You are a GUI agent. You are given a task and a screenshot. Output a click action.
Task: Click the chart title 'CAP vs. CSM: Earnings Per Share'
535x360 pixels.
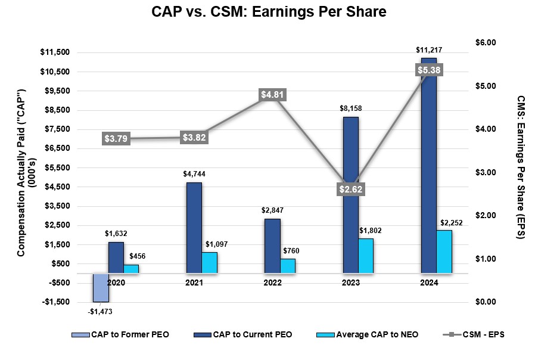point(267,13)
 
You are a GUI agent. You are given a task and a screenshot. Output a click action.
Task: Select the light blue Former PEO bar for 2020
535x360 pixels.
point(100,288)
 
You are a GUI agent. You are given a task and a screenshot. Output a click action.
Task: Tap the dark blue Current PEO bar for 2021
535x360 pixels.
point(194,228)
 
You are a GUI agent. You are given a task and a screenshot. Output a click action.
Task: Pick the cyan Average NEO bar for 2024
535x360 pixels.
point(444,252)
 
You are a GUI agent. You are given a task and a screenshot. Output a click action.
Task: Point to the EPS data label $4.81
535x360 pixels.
point(272,95)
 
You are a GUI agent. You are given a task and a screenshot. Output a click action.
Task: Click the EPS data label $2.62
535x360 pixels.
point(350,190)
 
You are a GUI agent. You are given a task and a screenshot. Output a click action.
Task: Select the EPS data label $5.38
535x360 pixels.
point(429,70)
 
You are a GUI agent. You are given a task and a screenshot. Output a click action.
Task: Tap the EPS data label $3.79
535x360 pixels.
point(116,139)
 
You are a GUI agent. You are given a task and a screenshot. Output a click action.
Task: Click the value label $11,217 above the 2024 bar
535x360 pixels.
point(429,50)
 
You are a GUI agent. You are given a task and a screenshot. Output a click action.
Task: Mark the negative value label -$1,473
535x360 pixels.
point(99,311)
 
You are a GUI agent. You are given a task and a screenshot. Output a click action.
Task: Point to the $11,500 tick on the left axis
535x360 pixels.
point(55,52)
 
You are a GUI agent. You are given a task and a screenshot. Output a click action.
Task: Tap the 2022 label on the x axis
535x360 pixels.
point(272,283)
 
